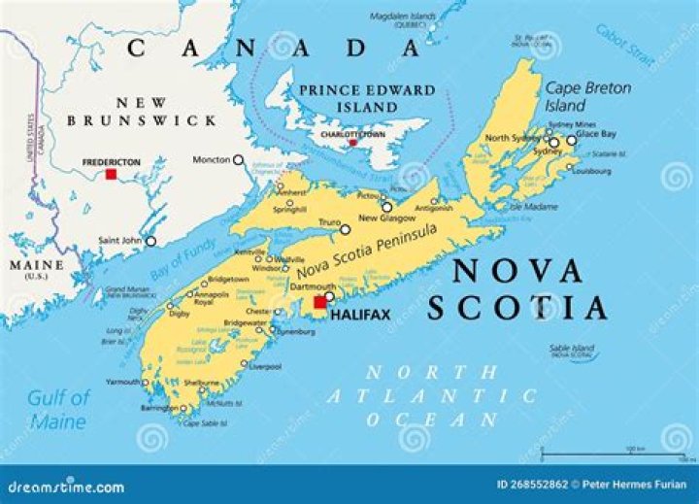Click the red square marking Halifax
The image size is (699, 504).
[x=319, y=302]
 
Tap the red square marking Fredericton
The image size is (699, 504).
[x=111, y=175]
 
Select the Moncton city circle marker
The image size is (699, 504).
[x=238, y=159]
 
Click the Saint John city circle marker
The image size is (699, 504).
[x=150, y=241]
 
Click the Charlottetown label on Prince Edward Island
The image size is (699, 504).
[x=352, y=135]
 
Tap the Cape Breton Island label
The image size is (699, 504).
[x=576, y=96]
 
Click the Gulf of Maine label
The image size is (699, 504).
[x=57, y=409]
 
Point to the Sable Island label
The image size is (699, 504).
[x=571, y=348]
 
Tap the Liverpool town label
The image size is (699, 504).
[x=264, y=366]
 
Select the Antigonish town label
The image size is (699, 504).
[x=433, y=208]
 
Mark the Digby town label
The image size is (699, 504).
[x=151, y=314]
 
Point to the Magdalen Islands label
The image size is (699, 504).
[x=404, y=16]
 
